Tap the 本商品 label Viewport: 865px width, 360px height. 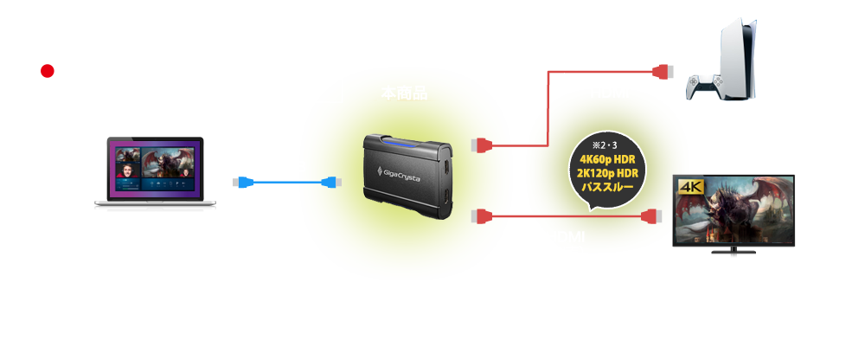(x=404, y=93)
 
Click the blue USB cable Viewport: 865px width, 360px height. (x=285, y=182)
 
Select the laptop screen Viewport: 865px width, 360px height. (x=152, y=171)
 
